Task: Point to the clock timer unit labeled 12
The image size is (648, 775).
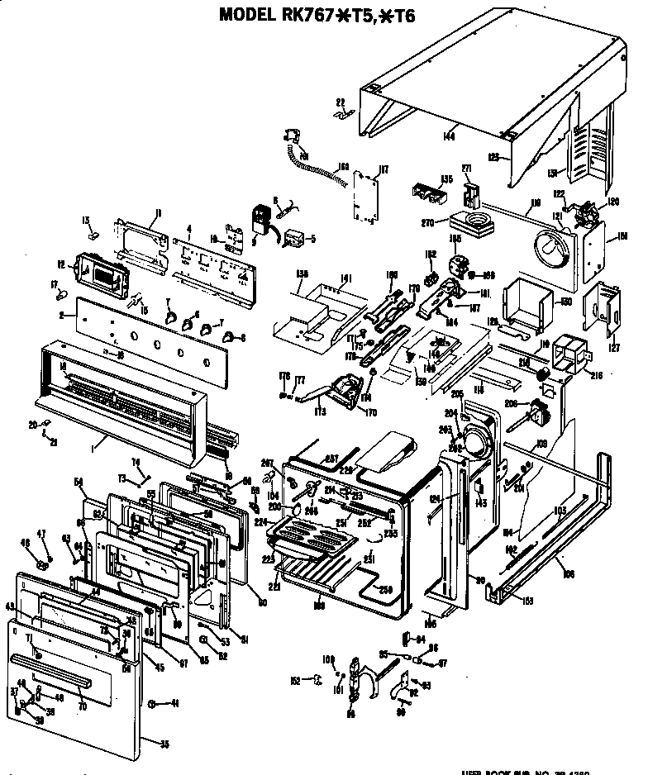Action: coord(101,270)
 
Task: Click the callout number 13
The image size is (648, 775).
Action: coord(85,220)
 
